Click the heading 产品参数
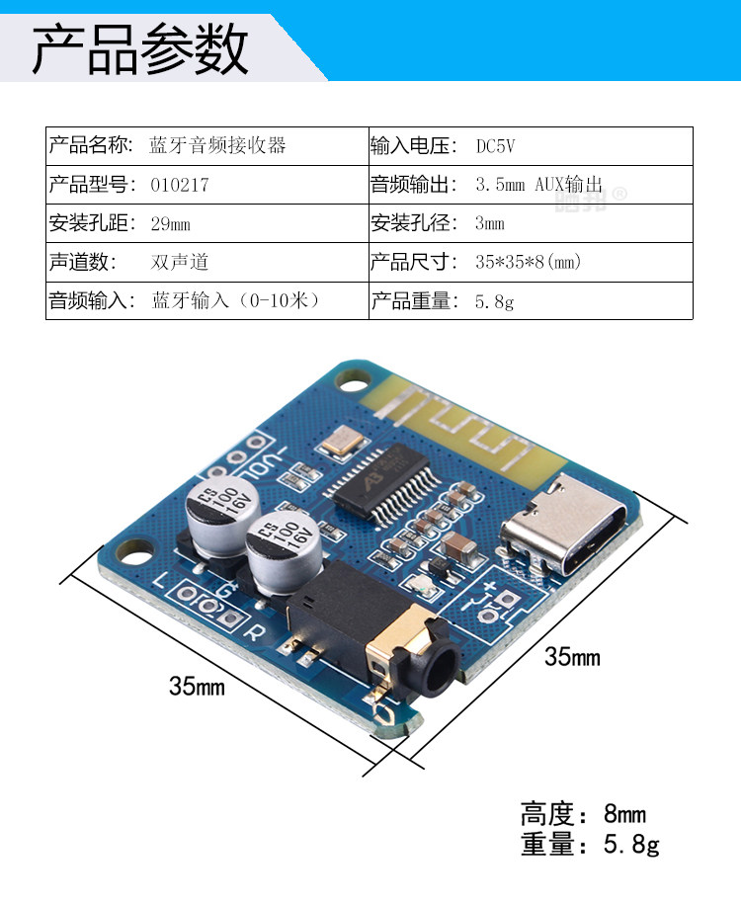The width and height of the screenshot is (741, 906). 140,49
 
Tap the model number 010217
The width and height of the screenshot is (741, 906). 180,185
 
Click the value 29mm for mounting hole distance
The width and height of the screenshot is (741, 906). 170,223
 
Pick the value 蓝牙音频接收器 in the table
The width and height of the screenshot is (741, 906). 218,146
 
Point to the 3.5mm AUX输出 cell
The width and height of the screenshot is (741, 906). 538,185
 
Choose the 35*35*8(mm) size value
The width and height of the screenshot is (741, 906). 528,263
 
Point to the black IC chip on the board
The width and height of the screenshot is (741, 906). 384,478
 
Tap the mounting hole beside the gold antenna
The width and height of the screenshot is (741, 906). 351,378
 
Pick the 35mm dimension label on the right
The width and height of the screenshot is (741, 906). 572,656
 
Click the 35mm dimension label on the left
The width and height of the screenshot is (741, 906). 197,686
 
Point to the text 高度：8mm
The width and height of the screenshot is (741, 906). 583,815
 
